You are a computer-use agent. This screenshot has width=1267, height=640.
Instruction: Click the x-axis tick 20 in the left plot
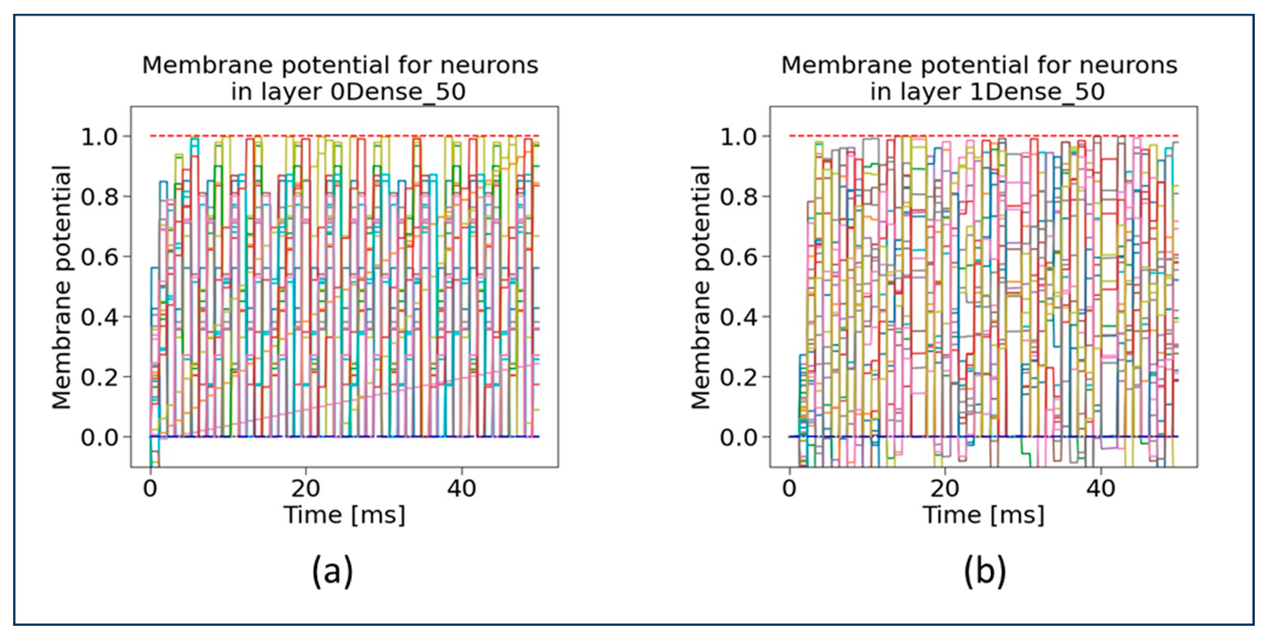click(306, 489)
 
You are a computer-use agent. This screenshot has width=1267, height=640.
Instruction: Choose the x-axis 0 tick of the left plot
click(150, 489)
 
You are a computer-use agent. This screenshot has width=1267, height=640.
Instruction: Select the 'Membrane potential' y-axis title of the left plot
click(62, 287)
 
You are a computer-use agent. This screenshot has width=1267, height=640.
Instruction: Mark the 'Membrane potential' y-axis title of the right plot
click(701, 287)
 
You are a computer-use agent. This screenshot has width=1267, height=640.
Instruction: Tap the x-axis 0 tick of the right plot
click(789, 489)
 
